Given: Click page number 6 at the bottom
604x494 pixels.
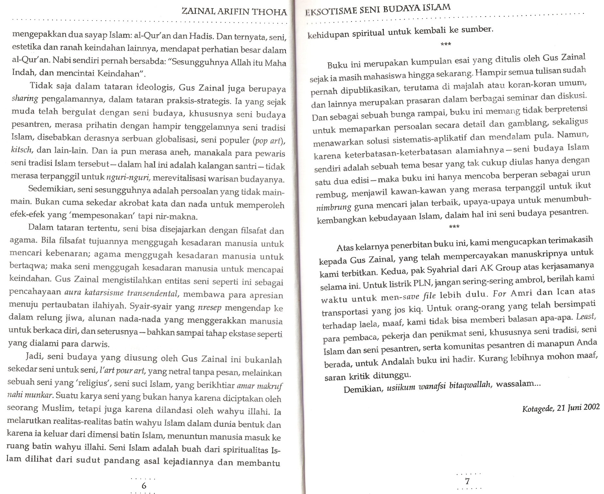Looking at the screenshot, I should [144, 485].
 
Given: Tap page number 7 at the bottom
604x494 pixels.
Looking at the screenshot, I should [467, 481].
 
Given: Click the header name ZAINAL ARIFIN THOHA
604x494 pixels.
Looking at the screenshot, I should [234, 12].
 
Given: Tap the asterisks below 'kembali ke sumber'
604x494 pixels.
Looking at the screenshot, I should [445, 44].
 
